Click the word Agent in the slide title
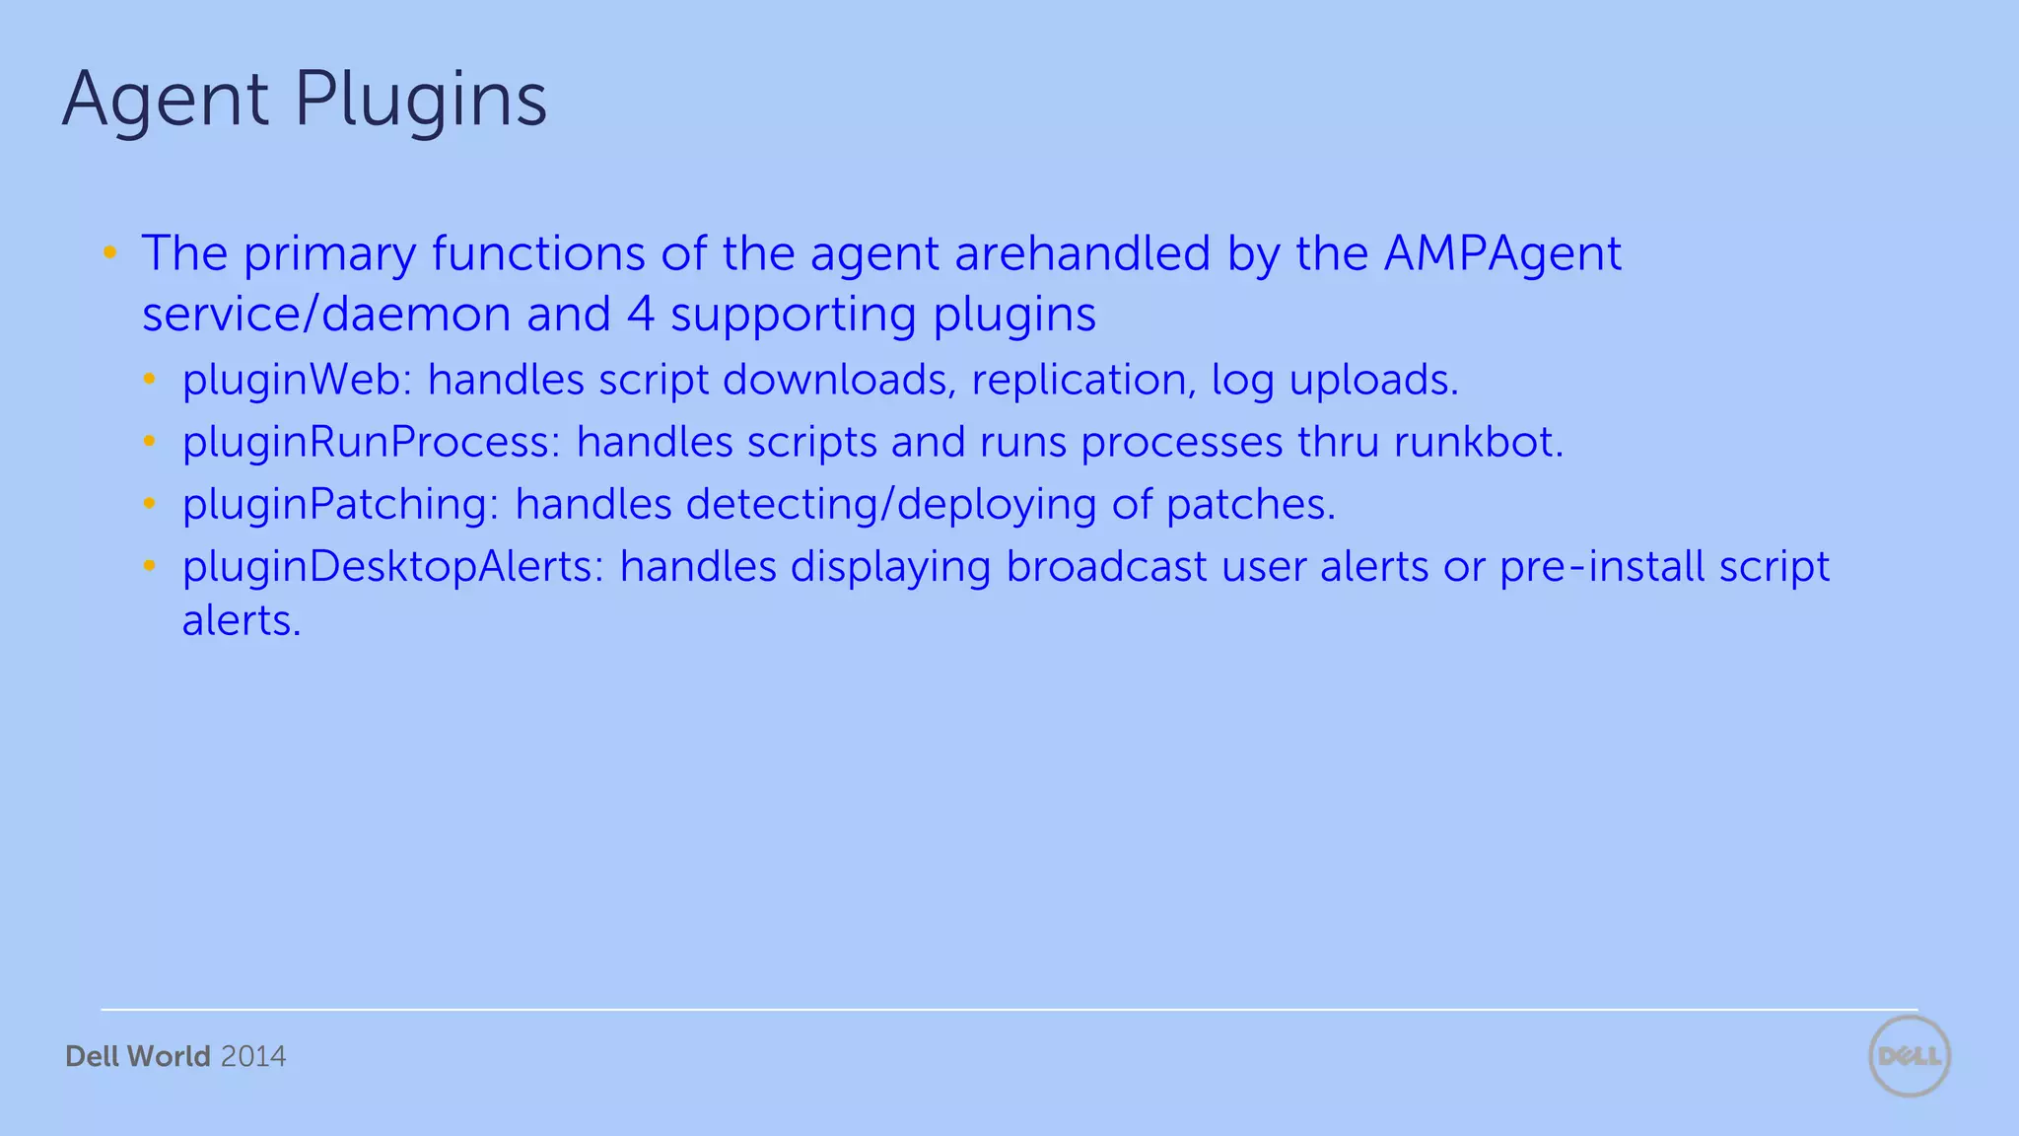[165, 100]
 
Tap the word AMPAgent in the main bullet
[1502, 254]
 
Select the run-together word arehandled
[1081, 253]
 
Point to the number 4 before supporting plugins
[641, 315]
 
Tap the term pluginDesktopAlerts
[392, 567]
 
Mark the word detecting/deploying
[891, 505]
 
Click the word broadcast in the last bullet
[1106, 567]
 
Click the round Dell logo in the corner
[1910, 1056]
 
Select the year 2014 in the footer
[253, 1057]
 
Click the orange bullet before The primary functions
[110, 253]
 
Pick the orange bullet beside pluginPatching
[150, 504]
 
